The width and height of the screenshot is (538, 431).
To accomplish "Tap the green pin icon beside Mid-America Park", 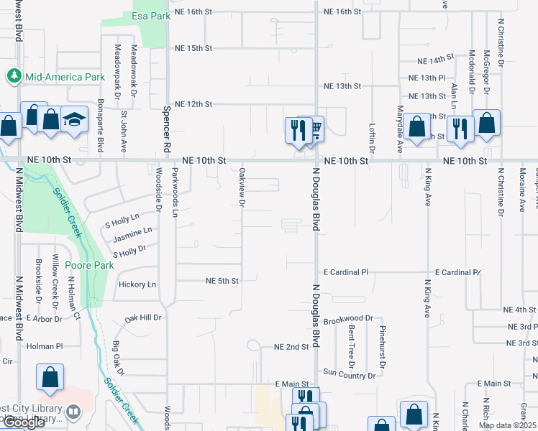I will tap(14, 75).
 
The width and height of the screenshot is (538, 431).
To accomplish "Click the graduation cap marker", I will tap(74, 119).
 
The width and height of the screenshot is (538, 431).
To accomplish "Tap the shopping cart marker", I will tap(314, 130).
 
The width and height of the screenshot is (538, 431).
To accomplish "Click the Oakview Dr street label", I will tap(242, 188).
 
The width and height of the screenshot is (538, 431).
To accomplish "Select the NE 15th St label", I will tap(193, 48).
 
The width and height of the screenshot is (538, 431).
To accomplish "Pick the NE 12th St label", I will tap(193, 104).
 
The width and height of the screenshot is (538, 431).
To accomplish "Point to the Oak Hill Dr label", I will tap(143, 317).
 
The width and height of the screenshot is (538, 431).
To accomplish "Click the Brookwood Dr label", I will tap(349, 318).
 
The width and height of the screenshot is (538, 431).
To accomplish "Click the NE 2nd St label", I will tap(291, 346).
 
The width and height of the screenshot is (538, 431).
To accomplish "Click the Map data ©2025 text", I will tap(506, 425).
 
